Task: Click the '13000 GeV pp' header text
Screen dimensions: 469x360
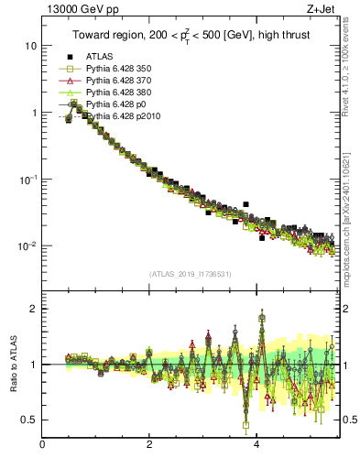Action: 76,10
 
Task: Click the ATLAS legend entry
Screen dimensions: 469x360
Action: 100,57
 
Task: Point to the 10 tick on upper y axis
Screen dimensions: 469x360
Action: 30,46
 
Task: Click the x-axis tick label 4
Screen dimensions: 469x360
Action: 256,446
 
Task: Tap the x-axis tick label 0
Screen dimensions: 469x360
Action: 42,446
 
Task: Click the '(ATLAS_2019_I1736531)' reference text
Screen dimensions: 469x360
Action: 191,274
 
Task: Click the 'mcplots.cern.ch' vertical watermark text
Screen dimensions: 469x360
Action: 350,220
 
